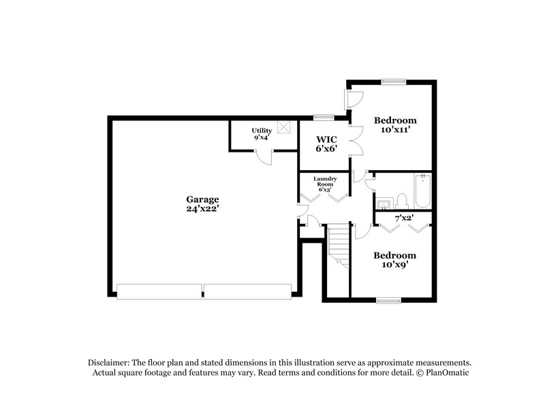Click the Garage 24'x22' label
203,204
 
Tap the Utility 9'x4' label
262,134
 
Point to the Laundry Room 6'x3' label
324,184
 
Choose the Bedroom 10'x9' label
394,259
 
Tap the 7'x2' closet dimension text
404,218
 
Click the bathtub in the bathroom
422,191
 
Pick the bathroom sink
383,202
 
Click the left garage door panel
159,291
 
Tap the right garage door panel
248,291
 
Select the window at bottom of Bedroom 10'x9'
388,299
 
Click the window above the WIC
323,117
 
